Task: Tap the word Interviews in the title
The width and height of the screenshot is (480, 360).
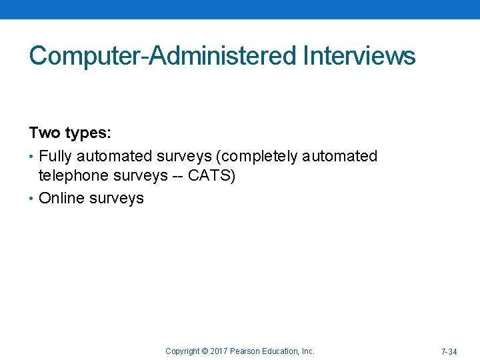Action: (359, 56)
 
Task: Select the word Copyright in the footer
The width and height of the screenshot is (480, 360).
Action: (183, 351)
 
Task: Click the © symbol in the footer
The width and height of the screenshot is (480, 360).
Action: (205, 351)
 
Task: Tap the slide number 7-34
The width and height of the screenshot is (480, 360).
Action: (449, 351)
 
